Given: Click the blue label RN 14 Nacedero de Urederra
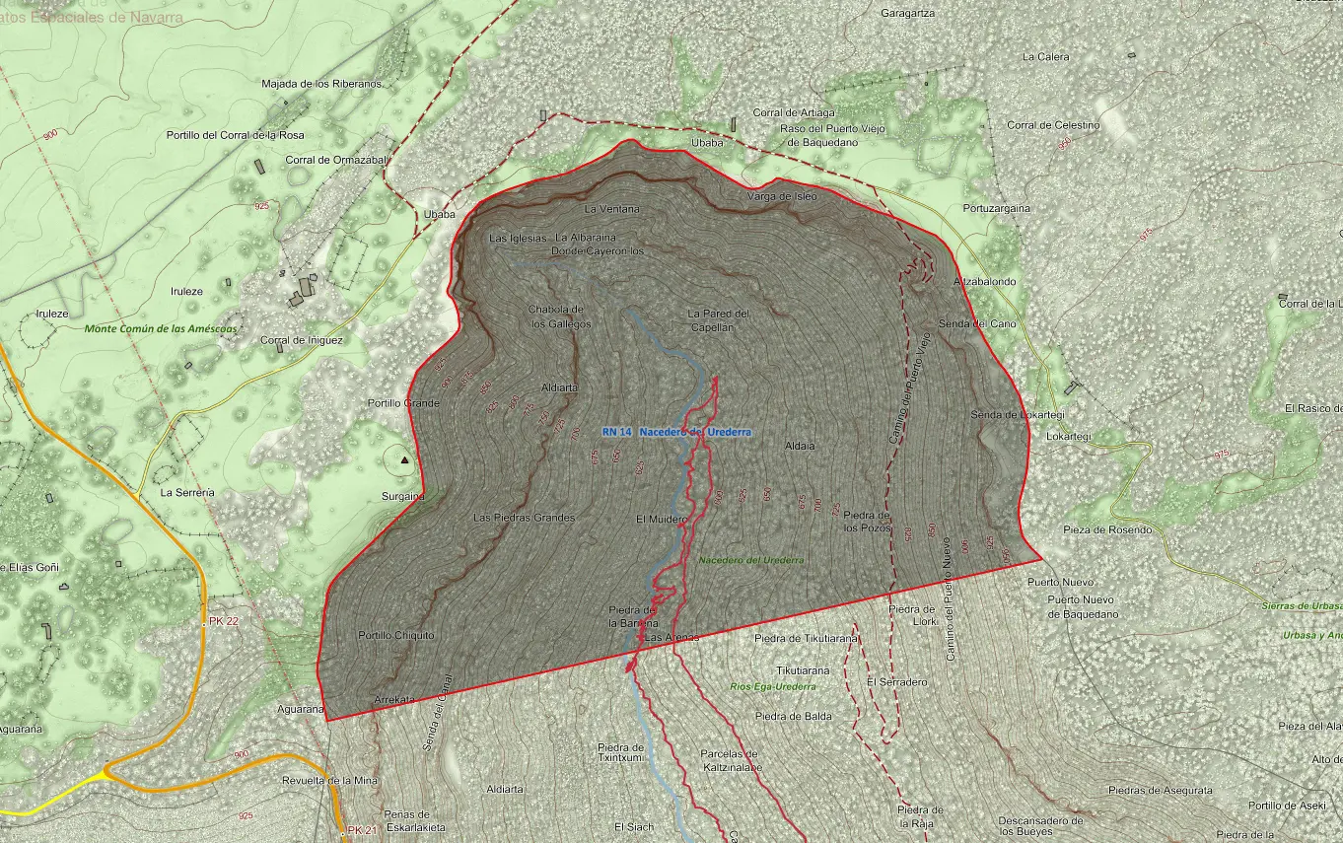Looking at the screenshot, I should click(676, 432).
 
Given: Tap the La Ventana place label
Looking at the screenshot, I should click(611, 209).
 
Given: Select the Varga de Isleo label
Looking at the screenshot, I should click(781, 196).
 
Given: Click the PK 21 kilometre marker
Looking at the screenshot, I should click(361, 830).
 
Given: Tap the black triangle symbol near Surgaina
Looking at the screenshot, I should click(402, 459).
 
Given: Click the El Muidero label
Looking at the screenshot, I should click(661, 519).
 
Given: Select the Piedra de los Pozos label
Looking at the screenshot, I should click(867, 522).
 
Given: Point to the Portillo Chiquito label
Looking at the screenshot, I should click(395, 635).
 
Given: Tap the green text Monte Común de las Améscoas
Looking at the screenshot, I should click(161, 328).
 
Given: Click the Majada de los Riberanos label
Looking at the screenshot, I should click(320, 84).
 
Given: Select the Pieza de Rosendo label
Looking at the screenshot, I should click(1106, 529).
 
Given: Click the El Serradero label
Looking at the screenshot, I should click(896, 682).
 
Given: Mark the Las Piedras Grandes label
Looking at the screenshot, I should click(524, 517).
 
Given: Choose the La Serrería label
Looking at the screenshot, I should click(187, 492).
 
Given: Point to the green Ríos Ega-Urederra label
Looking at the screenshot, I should click(772, 686).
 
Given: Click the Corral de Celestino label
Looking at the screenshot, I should click(1052, 125).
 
